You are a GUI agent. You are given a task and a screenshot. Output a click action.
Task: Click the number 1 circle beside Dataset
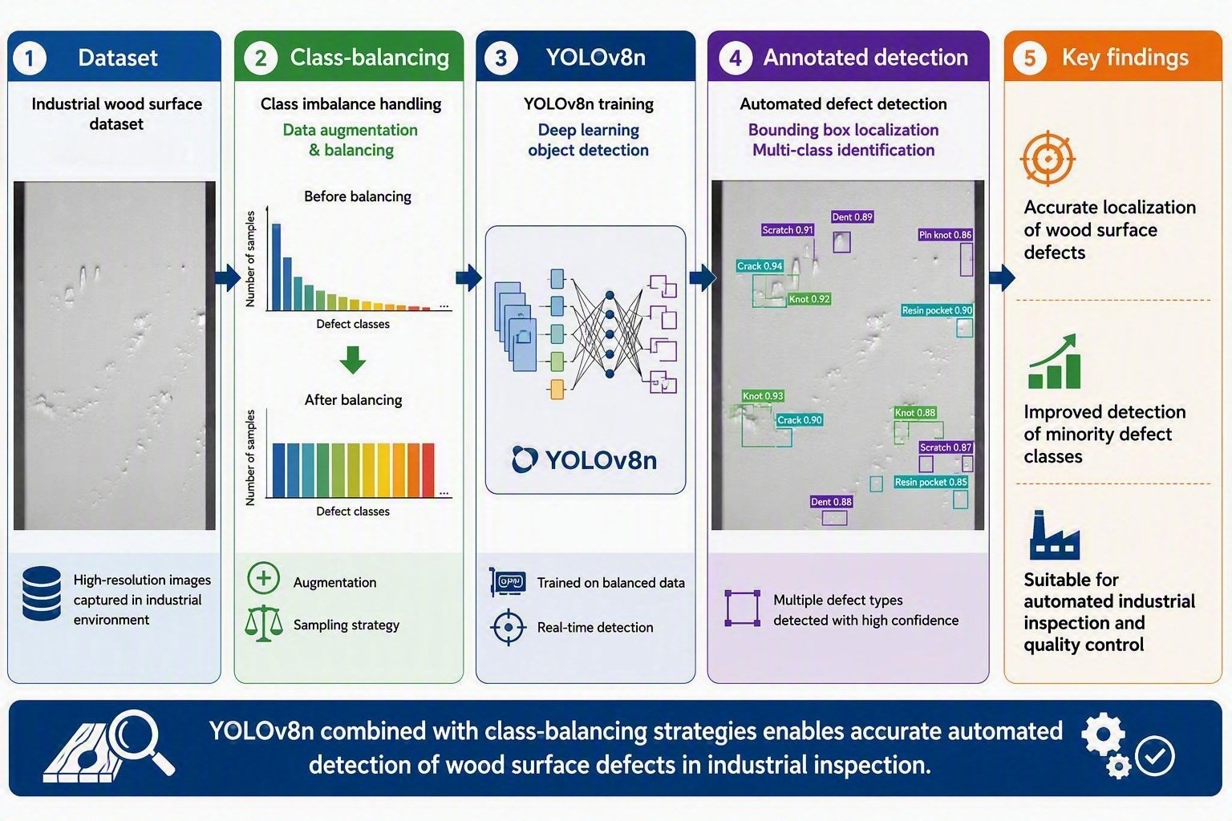pos(29,59)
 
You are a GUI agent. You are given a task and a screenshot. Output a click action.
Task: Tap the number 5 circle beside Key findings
pos(1029,59)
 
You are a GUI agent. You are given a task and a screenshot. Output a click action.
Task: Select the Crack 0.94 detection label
pos(760,266)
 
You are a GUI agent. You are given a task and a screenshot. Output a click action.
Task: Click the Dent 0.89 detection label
pos(852,217)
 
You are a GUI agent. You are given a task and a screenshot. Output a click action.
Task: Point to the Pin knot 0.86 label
pos(945,235)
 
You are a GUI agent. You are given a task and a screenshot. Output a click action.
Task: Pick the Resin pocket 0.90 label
pos(937,310)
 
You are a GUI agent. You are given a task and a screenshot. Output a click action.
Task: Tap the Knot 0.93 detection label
pos(762,396)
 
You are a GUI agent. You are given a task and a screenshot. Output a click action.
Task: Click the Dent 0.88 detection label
pos(831,502)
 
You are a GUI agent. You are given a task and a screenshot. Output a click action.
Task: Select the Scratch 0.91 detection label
pos(788,230)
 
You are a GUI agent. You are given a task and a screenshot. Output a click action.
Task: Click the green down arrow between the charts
pos(353,360)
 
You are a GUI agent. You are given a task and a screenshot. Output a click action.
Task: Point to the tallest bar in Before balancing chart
pos(277,267)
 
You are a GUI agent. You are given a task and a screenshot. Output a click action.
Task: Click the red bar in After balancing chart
pos(428,470)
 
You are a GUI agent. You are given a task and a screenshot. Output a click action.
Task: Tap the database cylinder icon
pos(42,593)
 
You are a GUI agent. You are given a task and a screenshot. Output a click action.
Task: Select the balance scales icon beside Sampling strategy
pos(264,624)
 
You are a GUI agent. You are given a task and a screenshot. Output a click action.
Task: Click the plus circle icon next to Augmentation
pos(263,578)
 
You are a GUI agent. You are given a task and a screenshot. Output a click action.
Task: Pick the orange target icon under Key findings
pos(1048,159)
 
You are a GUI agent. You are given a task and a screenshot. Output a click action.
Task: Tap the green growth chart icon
pos(1053,362)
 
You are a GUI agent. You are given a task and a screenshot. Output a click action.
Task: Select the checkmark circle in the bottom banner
pos(1155,756)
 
